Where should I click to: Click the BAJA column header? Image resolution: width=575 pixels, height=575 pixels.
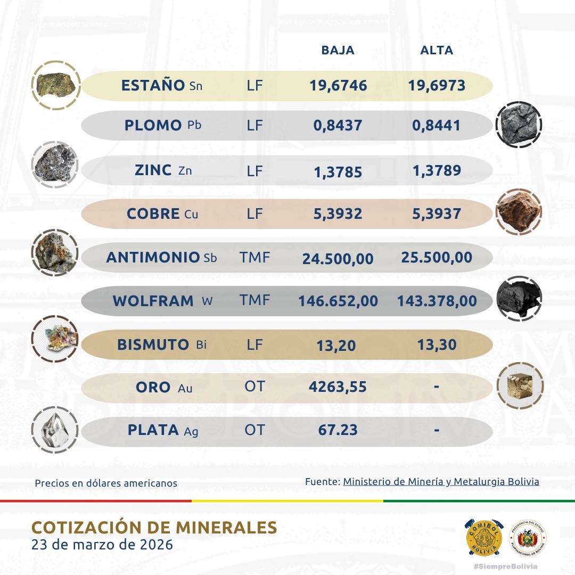pyautogui.click(x=338, y=51)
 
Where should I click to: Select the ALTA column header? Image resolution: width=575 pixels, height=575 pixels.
pyautogui.click(x=437, y=51)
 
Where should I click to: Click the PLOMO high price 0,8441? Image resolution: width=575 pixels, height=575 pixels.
pyautogui.click(x=436, y=126)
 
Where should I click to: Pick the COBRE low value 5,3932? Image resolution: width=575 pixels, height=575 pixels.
pyautogui.click(x=335, y=214)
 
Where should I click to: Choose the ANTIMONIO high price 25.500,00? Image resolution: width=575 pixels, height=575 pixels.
pyautogui.click(x=436, y=258)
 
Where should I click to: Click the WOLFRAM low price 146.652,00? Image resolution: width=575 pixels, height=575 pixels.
pyautogui.click(x=338, y=301)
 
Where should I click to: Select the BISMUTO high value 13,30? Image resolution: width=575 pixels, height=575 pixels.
pyautogui.click(x=437, y=345)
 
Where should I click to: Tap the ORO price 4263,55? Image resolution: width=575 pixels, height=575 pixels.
pyautogui.click(x=338, y=387)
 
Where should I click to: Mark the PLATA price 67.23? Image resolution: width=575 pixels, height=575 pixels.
pyautogui.click(x=338, y=430)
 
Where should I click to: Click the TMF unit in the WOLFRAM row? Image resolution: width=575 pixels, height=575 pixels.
pyautogui.click(x=254, y=301)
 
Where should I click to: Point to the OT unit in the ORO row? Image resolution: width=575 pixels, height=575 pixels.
pyautogui.click(x=254, y=387)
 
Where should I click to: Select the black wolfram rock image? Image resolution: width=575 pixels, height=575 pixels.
pyautogui.click(x=519, y=299)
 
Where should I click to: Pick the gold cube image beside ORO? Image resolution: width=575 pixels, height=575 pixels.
pyautogui.click(x=519, y=385)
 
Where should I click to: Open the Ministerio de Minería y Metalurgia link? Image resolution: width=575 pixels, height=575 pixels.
pyautogui.click(x=441, y=482)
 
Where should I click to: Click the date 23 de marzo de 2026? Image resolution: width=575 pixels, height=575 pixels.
pyautogui.click(x=102, y=545)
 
